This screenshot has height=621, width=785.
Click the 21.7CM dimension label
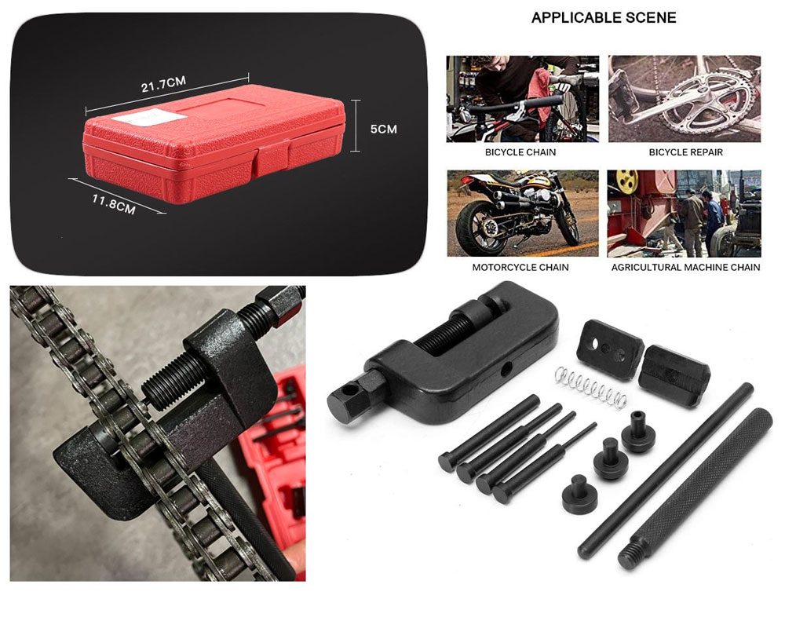[163, 84]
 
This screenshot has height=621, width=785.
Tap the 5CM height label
[384, 130]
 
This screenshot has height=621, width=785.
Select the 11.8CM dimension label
[114, 204]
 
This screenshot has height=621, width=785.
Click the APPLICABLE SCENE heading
[603, 18]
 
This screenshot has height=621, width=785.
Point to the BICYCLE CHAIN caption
[520, 152]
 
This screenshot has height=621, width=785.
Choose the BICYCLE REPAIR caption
[686, 152]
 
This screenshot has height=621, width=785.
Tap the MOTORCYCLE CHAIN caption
[520, 268]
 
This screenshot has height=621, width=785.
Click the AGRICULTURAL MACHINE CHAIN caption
[685, 268]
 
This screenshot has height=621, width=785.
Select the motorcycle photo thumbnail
[523, 214]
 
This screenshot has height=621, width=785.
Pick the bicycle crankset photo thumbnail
[685, 99]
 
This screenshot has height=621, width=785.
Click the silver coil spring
[591, 386]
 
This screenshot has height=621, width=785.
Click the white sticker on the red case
[149, 118]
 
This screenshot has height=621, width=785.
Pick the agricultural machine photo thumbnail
[684, 214]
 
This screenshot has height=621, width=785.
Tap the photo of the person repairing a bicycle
[523, 99]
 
